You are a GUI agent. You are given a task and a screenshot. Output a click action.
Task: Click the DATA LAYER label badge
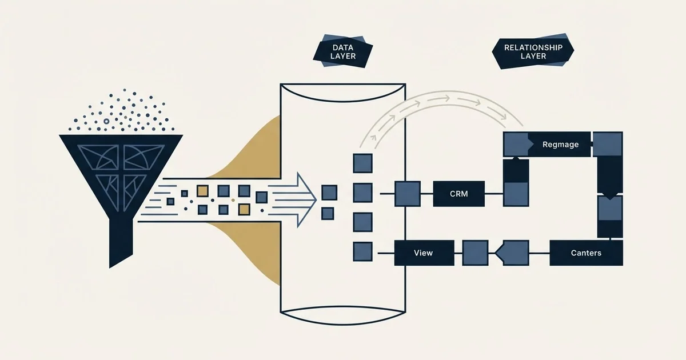click(x=342, y=51)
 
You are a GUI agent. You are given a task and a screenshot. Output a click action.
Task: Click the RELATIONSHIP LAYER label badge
click(x=533, y=51)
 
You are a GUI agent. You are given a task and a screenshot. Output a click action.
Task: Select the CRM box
click(x=458, y=194)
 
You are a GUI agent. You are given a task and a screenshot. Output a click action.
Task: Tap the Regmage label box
click(x=547, y=145)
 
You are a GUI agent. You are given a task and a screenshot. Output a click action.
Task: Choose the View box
click(x=424, y=253)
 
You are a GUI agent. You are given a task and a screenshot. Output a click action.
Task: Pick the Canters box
click(x=586, y=253)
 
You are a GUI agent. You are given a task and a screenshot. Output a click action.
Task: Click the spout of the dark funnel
click(x=121, y=242)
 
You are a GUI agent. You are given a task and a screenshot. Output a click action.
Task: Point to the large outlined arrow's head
click(x=306, y=200)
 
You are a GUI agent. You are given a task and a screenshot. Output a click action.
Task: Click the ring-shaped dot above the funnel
click(x=106, y=122)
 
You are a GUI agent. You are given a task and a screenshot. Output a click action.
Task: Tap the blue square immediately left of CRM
click(x=407, y=194)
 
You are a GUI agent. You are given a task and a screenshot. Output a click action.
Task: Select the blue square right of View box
click(x=475, y=253)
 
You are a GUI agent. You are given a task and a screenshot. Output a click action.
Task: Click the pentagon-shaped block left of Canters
click(x=512, y=253)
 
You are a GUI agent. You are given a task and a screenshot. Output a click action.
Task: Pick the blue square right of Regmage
click(x=608, y=144)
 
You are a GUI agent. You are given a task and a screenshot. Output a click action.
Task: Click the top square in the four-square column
click(x=362, y=163)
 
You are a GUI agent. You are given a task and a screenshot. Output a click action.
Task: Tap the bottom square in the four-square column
click(x=362, y=251)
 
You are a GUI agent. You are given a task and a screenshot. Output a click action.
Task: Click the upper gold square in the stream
click(x=202, y=191)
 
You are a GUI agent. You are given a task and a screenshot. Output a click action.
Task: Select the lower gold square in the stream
click(x=244, y=210)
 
